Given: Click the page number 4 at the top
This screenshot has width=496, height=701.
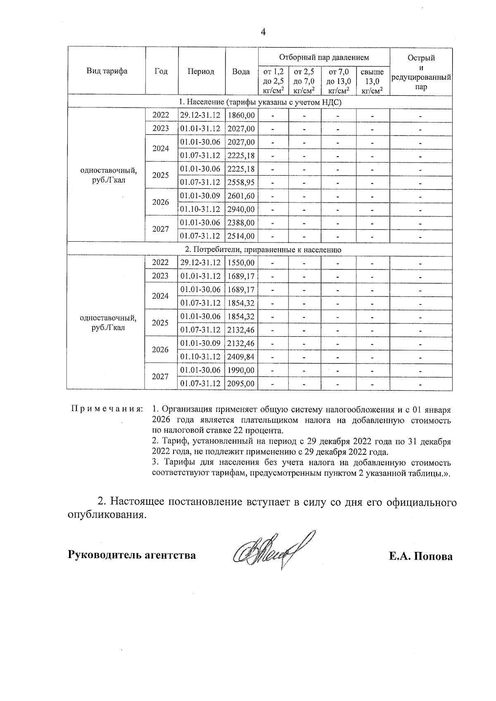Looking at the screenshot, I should tap(263, 32).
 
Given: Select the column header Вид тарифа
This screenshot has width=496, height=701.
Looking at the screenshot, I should tap(107, 71).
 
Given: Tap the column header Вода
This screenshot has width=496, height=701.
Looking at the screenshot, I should tap(241, 71).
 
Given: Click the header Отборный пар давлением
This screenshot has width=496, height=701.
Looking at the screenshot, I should tap(324, 57).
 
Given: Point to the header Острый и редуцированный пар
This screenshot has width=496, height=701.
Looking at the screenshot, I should tap(421, 72).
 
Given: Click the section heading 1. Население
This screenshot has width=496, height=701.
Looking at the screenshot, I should tap(260, 102).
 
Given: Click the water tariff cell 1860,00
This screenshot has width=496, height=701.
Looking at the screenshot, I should tap(241, 115).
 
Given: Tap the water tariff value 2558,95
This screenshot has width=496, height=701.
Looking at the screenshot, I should tap(241, 182).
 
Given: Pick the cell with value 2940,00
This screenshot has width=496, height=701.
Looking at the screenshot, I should tap(241, 209).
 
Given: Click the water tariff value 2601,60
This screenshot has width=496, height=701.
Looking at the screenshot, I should tap(241, 196).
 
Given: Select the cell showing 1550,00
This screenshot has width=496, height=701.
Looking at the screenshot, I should tap(241, 263).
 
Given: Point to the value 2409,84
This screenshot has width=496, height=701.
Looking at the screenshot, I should tap(241, 356).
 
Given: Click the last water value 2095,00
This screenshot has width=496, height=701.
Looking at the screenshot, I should tap(241, 383).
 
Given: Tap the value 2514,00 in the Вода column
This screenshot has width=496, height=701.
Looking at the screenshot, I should tap(241, 236).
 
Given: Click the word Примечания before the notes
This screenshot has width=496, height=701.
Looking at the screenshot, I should tap(107, 409).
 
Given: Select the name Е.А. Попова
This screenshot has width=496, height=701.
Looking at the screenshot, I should tap(420, 556).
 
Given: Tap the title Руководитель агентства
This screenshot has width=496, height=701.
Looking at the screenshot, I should tap(132, 555).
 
